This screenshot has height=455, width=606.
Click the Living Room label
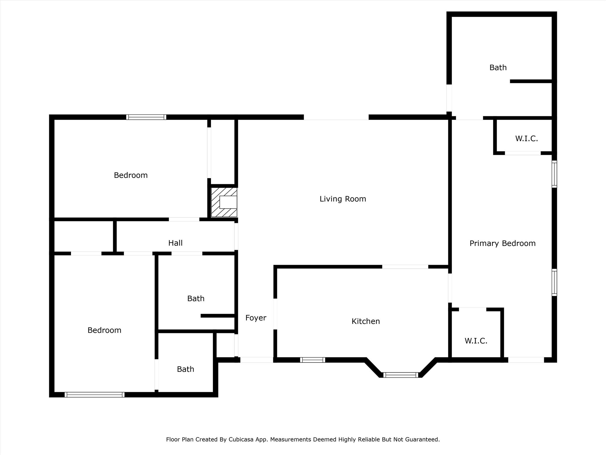[343, 199]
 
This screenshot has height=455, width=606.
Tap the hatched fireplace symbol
[224, 202]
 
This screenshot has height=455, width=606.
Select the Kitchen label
[365, 321]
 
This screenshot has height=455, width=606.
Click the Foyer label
[256, 318]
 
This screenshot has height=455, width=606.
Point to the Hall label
[175, 243]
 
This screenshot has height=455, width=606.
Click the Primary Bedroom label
[502, 243]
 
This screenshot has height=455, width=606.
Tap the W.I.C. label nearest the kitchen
[476, 341]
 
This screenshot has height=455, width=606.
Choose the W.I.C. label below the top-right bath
[526, 138]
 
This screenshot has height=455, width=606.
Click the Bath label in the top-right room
[498, 68]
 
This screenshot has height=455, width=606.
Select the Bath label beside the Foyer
[196, 298]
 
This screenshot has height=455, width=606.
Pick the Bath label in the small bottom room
[186, 369]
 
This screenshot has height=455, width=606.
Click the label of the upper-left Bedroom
[130, 175]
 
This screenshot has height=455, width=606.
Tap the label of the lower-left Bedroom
[104, 330]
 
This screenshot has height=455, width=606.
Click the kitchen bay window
[401, 375]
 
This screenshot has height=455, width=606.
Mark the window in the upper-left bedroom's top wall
[146, 117]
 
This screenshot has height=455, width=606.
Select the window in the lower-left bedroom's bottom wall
[94, 394]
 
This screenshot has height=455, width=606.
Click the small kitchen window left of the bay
[312, 360]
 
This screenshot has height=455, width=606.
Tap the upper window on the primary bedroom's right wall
[555, 174]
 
